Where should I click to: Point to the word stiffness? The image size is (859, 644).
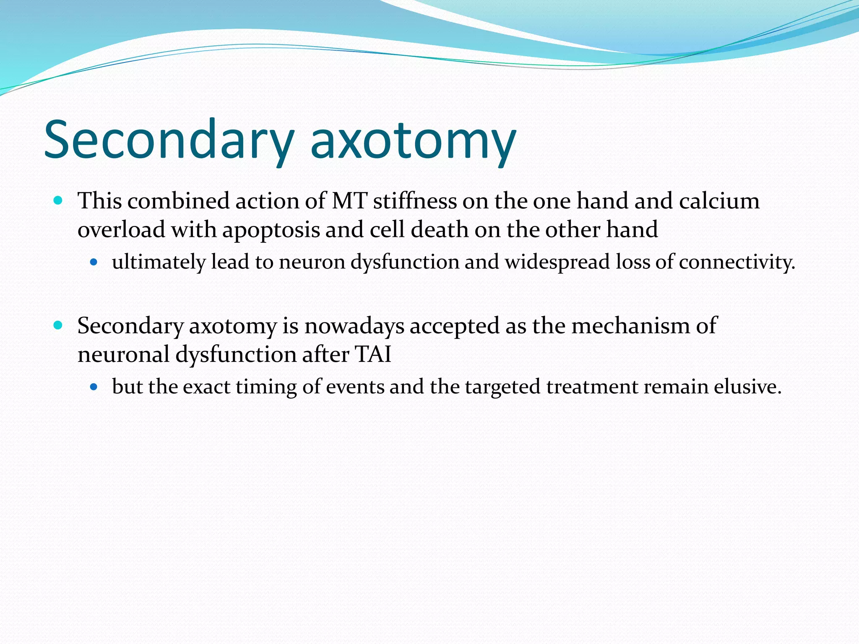point(415,201)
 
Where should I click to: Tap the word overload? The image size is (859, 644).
point(121,230)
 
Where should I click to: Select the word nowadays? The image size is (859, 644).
point(354,326)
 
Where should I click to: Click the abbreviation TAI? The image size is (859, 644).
point(373,354)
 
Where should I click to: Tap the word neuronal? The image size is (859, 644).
point(123,354)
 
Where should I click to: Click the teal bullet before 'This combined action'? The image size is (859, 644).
point(58,200)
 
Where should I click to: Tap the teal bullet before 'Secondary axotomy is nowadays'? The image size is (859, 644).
point(58,325)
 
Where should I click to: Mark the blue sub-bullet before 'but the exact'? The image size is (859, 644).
point(94,387)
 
